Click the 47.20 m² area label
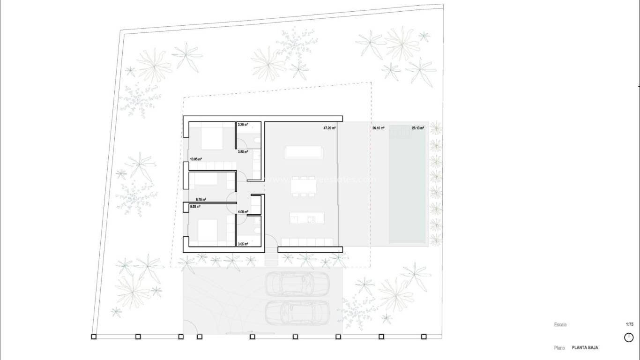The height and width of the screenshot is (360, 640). coord(330,127)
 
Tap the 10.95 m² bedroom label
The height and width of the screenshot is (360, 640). coord(196,159)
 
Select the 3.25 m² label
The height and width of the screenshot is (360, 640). coord(243,125)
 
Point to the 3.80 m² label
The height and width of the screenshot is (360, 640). coord(243,152)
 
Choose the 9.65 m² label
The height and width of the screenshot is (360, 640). coord(195,206)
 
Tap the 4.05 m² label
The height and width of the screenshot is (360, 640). coord(243,211)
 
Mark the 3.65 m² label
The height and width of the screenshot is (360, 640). coord(243,244)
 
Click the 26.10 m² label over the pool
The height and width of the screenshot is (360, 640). coord(418,127)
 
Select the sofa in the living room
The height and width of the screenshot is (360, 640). coord(304,152)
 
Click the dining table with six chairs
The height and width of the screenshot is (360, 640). coord(304,187)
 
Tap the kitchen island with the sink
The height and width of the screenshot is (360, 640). coord(307,217)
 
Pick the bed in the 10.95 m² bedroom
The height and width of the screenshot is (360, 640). coord(213,137)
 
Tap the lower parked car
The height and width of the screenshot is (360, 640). coord(297,312)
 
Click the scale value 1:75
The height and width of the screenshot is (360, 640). coord(629,324)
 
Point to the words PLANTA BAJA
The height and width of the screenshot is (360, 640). coord(584,348)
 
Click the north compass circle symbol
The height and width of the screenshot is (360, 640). coord(629,337)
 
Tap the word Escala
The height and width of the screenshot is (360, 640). coord(560,324)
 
